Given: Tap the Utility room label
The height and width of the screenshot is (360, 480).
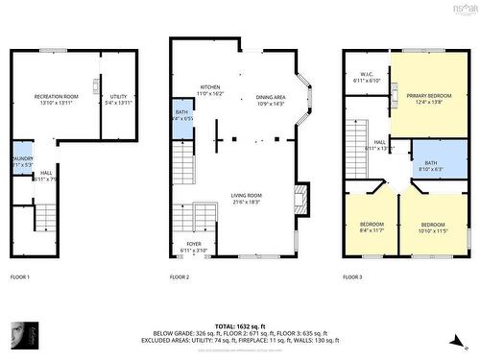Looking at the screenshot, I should pyautogui.click(x=118, y=97).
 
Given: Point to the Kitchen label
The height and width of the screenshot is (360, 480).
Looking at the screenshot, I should pyautogui.click(x=210, y=88).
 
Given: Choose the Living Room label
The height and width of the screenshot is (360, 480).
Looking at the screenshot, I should pyautogui.click(x=247, y=197).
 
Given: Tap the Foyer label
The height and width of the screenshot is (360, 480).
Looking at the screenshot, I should pyautogui.click(x=195, y=245).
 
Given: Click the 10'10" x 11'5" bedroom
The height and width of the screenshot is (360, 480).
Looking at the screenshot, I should pyautogui.click(x=433, y=228).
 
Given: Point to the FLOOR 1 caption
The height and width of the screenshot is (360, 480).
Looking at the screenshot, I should pyautogui.click(x=20, y=276).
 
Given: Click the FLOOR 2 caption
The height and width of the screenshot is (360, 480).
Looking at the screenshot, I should pyautogui.click(x=180, y=276).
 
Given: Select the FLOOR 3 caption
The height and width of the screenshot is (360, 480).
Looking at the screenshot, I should pyautogui.click(x=352, y=276).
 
